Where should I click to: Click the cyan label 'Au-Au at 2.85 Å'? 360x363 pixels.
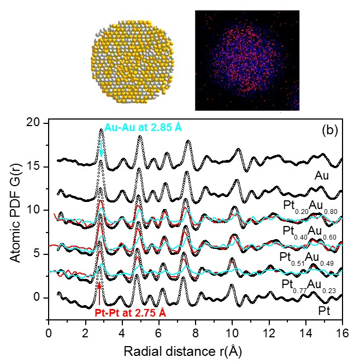(143, 127)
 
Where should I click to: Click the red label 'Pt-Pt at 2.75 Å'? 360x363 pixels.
(131, 313)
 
